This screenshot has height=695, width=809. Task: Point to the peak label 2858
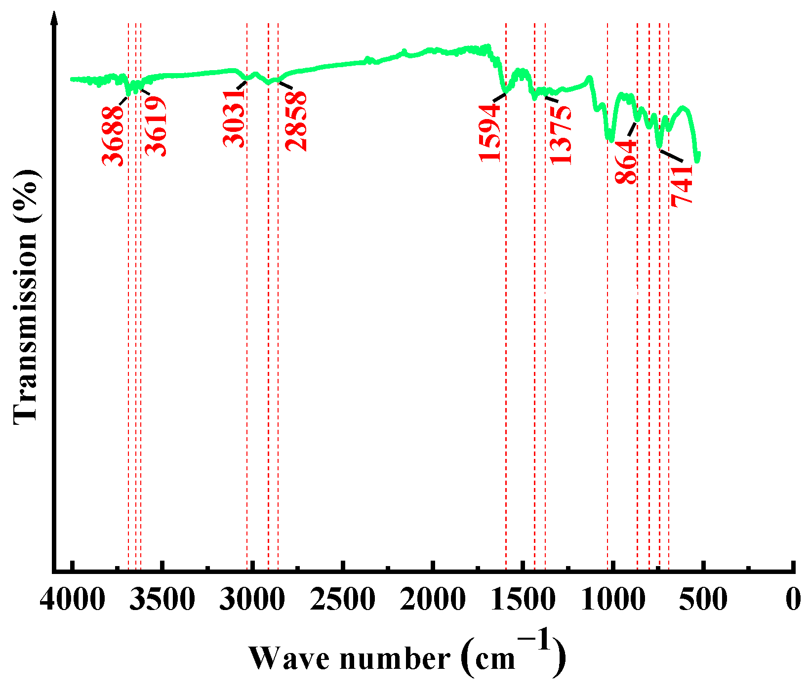tap(296, 121)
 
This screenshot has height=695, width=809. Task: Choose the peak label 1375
tap(561, 134)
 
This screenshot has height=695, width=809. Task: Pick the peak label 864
tap(626, 162)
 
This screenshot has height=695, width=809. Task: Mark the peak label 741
tap(682, 185)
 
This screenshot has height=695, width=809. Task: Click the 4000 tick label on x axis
tap(73, 600)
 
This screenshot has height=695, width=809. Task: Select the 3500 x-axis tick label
tap(162, 600)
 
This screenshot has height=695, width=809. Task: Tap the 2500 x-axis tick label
tap(343, 600)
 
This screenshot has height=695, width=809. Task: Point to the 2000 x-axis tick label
tap(433, 600)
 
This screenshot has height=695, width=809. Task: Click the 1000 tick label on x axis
tap(612, 600)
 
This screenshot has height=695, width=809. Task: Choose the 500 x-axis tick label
tap(703, 600)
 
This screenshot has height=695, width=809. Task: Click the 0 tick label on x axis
tap(793, 600)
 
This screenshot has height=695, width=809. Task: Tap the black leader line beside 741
tap(672, 155)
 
